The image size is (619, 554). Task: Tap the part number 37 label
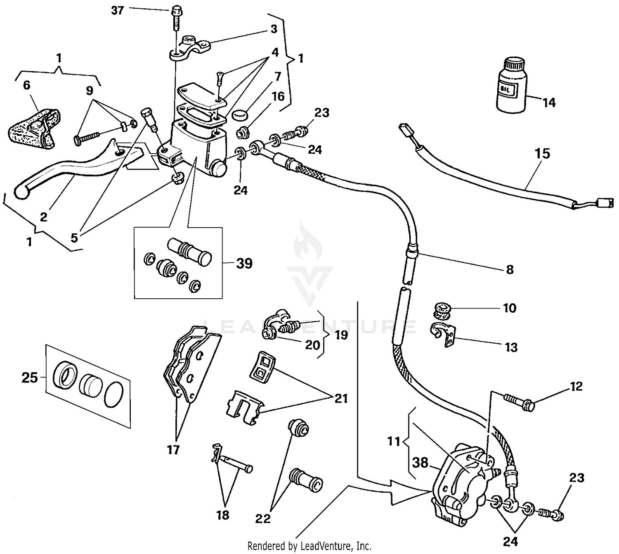coord(118,10)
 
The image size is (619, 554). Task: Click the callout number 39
coord(244,263)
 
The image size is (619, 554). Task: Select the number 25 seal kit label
coord(29,377)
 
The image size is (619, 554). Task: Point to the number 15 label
coord(542,154)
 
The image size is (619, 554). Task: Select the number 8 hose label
coord(510,269)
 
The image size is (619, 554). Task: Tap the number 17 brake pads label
coord(173,449)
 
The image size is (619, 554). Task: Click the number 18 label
coord(223,515)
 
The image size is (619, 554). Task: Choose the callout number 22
coord(262,518)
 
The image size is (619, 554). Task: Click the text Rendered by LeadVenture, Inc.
coord(309,546)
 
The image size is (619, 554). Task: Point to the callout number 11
coord(394,442)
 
